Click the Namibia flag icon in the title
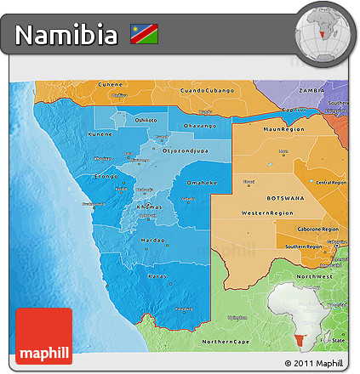click(x=144, y=35)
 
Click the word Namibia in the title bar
click(x=67, y=36)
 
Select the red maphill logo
click(x=43, y=336)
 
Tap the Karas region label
click(x=157, y=275)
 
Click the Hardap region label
click(x=152, y=241)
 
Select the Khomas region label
click(x=149, y=207)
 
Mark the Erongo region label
click(x=106, y=177)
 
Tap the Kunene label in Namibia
click(x=100, y=134)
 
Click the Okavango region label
click(x=200, y=126)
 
